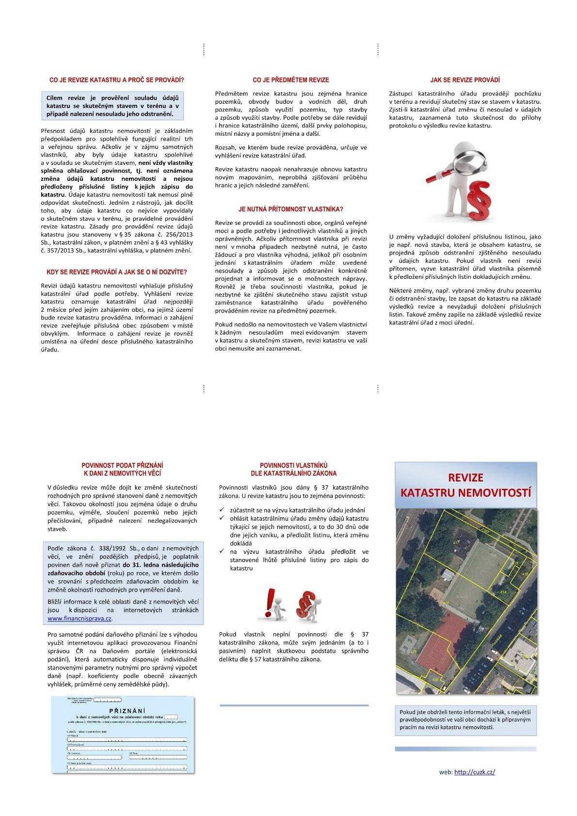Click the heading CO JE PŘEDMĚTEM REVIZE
point(291,80)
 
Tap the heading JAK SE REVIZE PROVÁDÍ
point(465,80)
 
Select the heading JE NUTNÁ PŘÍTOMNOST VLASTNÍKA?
point(291,209)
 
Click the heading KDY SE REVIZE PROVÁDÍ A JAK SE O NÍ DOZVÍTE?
point(116,272)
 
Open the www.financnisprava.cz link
point(80,619)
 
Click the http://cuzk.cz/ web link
point(475,772)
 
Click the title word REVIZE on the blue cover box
point(465,478)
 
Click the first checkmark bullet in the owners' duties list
point(222,510)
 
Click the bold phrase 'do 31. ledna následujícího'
point(160,565)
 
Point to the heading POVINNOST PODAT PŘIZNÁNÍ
point(122,465)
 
